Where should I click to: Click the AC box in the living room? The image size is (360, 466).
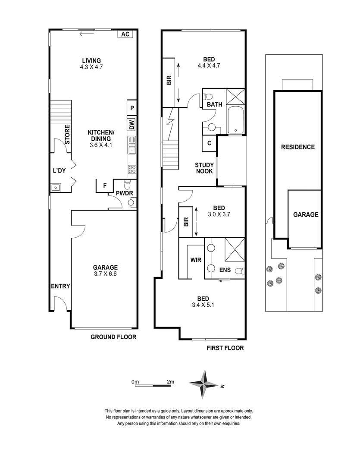pos(125,35)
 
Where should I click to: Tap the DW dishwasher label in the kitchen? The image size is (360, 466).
pos(131,124)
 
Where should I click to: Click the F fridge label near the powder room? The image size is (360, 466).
pos(104,186)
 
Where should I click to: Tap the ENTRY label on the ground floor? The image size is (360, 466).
pos(60,286)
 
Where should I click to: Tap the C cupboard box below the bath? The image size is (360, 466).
pos(209,143)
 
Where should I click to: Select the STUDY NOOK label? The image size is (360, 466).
pos(204,168)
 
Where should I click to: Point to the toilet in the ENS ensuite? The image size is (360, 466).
pos(240,270)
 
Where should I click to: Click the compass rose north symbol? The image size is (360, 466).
pos(205,384)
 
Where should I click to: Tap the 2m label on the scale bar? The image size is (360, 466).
pos(170,381)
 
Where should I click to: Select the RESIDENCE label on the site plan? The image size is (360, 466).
pos(298,147)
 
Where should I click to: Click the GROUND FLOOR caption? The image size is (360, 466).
pos(113,337)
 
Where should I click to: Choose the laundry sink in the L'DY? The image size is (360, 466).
pos(55,188)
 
